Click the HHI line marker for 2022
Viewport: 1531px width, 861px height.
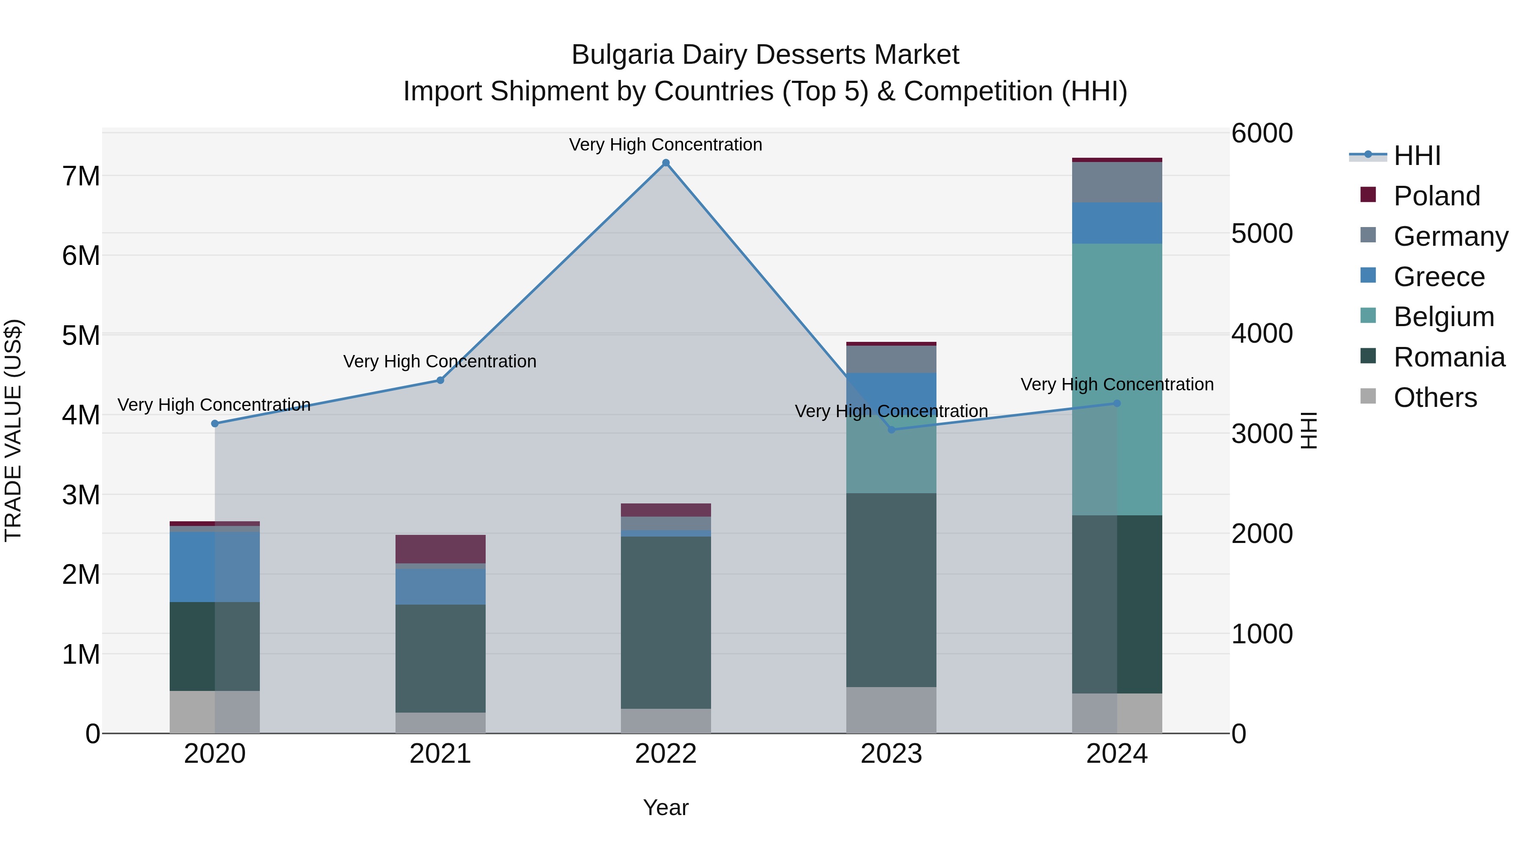click(x=666, y=163)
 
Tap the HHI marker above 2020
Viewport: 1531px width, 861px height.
click(x=215, y=423)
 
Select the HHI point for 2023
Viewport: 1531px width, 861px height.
click(x=891, y=429)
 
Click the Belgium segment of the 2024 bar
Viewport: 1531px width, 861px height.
click(x=1117, y=357)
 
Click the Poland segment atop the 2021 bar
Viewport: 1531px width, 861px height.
click(x=441, y=548)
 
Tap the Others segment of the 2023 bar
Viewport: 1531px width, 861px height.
click(x=891, y=710)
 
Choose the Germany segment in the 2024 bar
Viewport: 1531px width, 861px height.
click(x=1117, y=182)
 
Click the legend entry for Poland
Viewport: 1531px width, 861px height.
click(x=1436, y=196)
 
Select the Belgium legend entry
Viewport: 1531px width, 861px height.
click(x=1443, y=317)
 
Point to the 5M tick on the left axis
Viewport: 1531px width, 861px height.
click(x=81, y=336)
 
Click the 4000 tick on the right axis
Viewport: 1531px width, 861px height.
click(x=1261, y=333)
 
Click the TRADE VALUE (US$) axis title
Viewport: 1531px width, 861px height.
click(x=14, y=430)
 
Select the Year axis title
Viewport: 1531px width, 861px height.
click(x=666, y=807)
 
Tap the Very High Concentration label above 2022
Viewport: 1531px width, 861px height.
click(x=666, y=145)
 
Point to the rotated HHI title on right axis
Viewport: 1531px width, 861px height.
click(x=1308, y=430)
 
